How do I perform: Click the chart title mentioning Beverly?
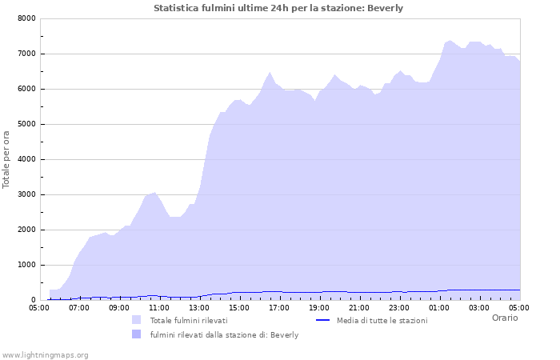pyautogui.click(x=278, y=8)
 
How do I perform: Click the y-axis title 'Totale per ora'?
pyautogui.click(x=6, y=159)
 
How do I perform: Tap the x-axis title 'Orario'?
pyautogui.click(x=504, y=318)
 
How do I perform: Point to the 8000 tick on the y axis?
pyautogui.click(x=26, y=18)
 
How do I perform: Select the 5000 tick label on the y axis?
pyautogui.click(x=26, y=124)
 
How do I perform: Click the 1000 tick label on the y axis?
pyautogui.click(x=26, y=265)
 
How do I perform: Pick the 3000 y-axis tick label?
pyautogui.click(x=26, y=194)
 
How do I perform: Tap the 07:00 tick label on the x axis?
pyautogui.click(x=79, y=307)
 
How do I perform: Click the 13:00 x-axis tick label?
pyautogui.click(x=199, y=307)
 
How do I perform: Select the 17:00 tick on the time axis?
pyautogui.click(x=279, y=307)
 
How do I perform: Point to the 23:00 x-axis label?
pyautogui.click(x=399, y=307)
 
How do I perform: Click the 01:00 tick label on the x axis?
pyautogui.click(x=439, y=307)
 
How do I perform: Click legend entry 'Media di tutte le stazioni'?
pyautogui.click(x=382, y=320)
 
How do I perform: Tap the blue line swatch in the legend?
pyautogui.click(x=322, y=320)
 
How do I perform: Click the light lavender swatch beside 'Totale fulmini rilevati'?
pyautogui.click(x=136, y=320)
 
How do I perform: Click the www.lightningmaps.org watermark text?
pyautogui.click(x=46, y=354)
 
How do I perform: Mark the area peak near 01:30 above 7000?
pyautogui.click(x=450, y=41)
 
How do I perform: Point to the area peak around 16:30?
pyautogui.click(x=270, y=72)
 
